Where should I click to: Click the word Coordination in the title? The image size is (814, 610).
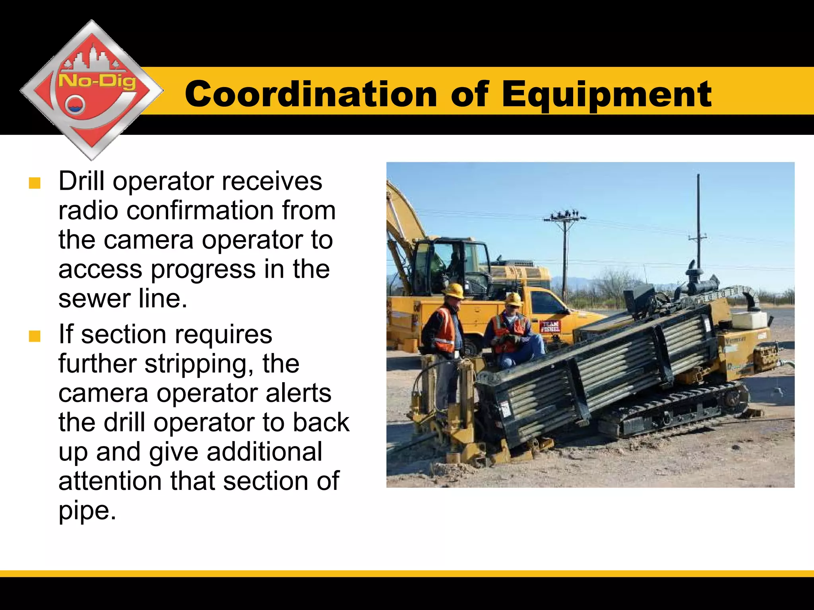(311, 94)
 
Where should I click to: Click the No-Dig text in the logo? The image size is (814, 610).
(97, 82)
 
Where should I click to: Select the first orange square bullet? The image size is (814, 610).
(35, 183)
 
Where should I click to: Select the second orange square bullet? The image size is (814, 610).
(35, 336)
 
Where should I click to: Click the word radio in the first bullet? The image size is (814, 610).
(88, 211)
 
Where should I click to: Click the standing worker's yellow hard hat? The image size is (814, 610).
(454, 291)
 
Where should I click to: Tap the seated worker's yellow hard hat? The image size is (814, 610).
(513, 299)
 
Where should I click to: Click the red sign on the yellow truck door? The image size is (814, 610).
(550, 326)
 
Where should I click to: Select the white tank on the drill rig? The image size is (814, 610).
(749, 321)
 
